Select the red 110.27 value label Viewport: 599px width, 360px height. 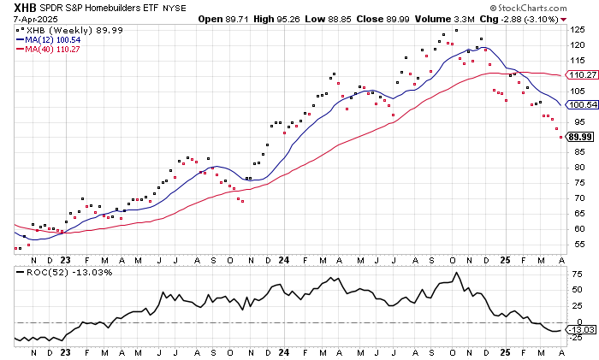click(x=581, y=75)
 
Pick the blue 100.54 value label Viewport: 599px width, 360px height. click(x=581, y=104)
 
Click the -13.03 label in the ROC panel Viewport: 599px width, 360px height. click(x=581, y=329)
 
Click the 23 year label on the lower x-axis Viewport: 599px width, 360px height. click(x=67, y=351)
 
